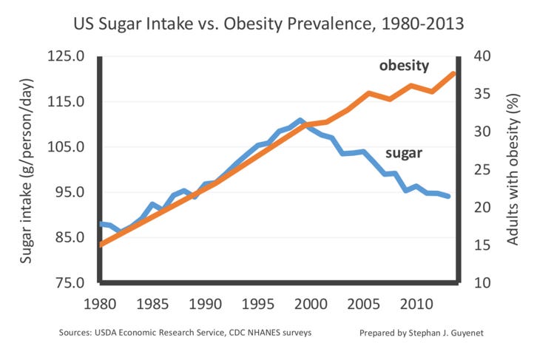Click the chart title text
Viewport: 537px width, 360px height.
click(x=268, y=24)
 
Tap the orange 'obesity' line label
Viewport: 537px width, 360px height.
click(x=404, y=66)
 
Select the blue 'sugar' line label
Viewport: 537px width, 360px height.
click(x=404, y=154)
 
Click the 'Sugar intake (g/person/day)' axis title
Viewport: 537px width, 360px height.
click(x=27, y=170)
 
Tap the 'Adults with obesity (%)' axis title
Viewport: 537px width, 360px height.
click(x=511, y=170)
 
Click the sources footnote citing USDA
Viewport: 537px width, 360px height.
click(x=186, y=333)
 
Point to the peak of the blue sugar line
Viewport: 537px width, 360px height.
click(x=300, y=120)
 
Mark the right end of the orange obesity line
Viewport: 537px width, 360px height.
click(x=453, y=73)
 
